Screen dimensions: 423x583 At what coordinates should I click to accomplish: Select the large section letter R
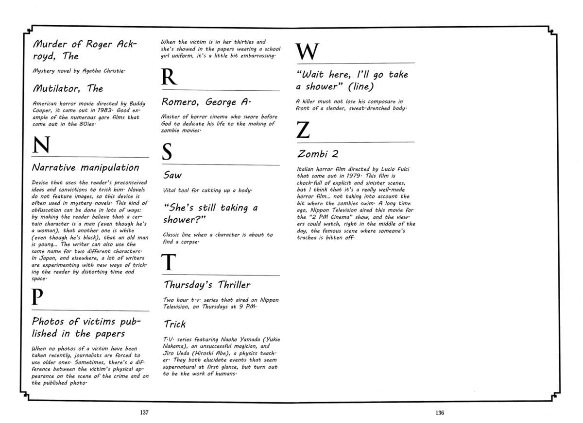168,78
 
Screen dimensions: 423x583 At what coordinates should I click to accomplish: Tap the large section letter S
167,153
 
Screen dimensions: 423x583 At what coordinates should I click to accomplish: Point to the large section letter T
168,262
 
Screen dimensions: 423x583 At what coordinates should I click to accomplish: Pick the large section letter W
307,51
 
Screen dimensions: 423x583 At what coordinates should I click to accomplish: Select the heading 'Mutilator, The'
68,89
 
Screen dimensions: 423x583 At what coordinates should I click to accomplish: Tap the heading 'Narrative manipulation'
85,168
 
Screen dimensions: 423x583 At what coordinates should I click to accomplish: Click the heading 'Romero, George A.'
206,102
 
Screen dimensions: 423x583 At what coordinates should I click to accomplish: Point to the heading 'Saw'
172,175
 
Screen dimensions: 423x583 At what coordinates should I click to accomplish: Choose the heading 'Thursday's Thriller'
207,285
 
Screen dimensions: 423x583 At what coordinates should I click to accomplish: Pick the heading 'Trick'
174,324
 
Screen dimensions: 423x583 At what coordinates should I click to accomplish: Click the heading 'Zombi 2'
318,154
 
